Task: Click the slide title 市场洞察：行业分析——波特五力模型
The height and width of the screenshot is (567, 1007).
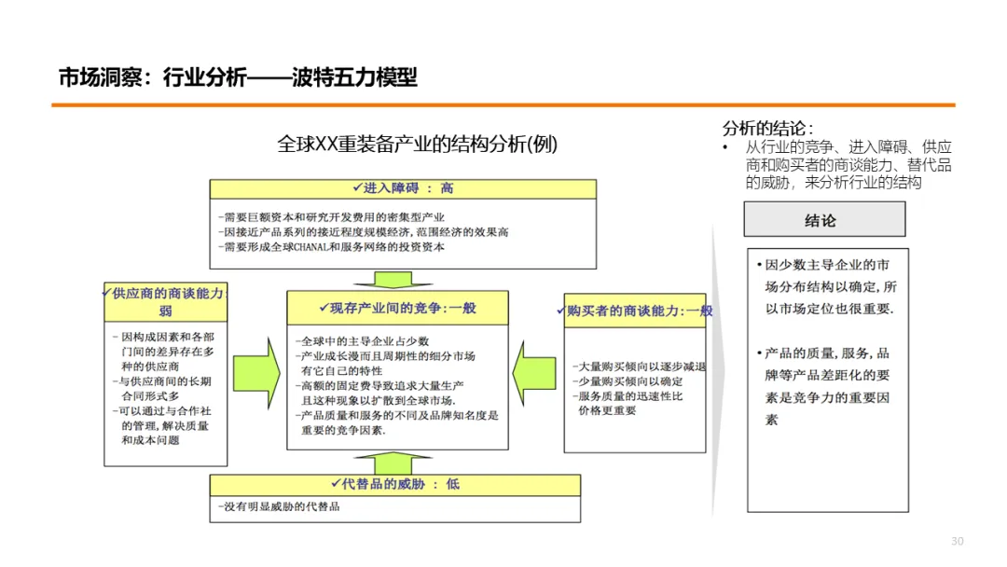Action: (238, 77)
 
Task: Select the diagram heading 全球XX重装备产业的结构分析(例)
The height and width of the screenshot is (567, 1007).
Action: (418, 145)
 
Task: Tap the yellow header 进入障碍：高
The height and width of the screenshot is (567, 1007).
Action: (402, 188)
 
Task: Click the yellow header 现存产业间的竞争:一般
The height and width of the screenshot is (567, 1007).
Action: (397, 308)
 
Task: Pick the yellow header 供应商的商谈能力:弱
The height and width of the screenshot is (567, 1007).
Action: (165, 301)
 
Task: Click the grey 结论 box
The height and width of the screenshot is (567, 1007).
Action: (824, 220)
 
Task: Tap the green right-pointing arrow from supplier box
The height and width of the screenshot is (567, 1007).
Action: (256, 359)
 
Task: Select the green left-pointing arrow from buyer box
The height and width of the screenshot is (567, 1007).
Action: (536, 359)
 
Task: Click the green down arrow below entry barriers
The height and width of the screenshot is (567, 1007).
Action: (402, 279)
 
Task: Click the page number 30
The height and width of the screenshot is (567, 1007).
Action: (957, 542)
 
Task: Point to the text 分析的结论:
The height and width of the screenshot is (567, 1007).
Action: (767, 129)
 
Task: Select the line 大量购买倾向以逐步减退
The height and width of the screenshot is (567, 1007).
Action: (639, 366)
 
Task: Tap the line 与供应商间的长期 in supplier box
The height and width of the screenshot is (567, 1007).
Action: (160, 381)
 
